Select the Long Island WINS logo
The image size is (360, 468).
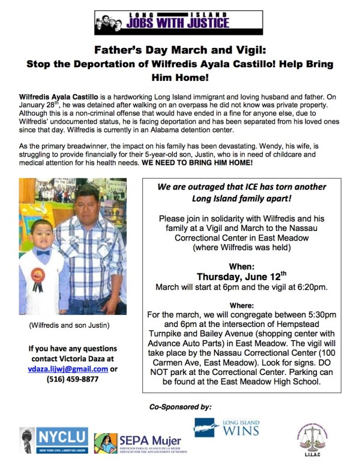pyautogui.click(x=227, y=428)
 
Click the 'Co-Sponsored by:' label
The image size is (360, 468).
pyautogui.click(x=180, y=407)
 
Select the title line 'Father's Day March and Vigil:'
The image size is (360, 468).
pyautogui.click(x=180, y=51)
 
